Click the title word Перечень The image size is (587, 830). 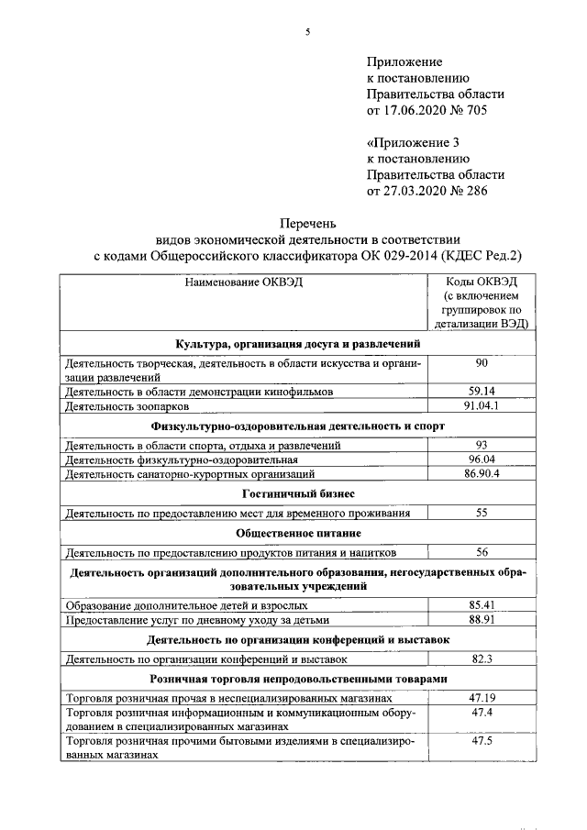point(307,222)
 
